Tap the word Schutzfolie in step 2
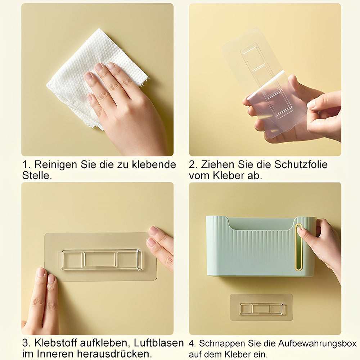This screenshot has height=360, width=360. (301, 165)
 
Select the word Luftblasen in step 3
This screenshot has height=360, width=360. (159, 343)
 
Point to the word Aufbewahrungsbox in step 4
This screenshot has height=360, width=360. (317, 344)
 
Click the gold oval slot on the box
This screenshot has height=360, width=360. (299, 247)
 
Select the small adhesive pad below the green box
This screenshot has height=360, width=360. (261, 307)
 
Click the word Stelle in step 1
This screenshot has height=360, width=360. (37, 176)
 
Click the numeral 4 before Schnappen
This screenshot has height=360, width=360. (192, 344)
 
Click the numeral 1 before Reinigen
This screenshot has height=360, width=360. (26, 165)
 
